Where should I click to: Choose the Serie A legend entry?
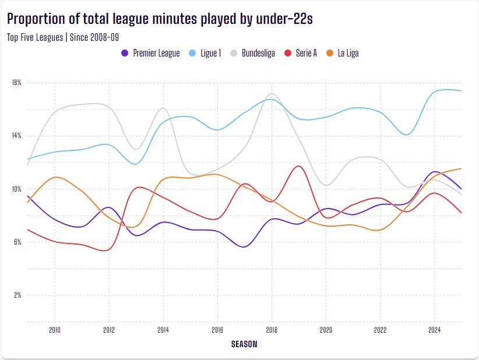(x=305, y=53)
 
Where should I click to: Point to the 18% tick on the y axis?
(x=16, y=83)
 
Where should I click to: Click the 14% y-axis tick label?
(x=16, y=136)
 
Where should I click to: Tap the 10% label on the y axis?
(x=16, y=189)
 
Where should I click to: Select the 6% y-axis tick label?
(x=16, y=242)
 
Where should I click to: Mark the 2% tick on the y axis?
(x=16, y=295)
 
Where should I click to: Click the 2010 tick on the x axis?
(x=55, y=330)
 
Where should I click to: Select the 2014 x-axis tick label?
(x=163, y=330)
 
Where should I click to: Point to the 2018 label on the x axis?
(x=272, y=330)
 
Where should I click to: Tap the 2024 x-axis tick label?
(x=434, y=330)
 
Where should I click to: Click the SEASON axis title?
(x=244, y=344)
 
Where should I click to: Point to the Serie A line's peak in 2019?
(x=299, y=166)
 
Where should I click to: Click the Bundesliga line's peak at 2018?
(x=272, y=93)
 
